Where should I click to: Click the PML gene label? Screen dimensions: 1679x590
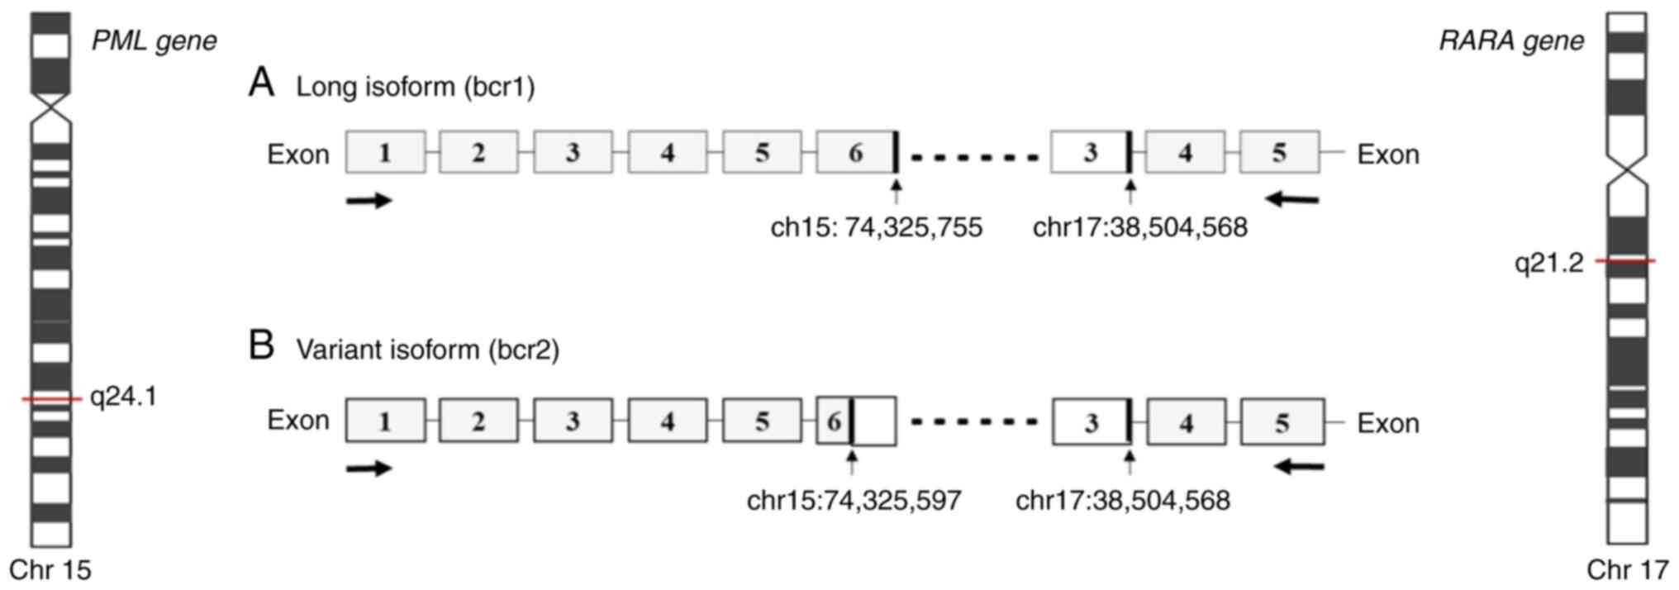pos(154,40)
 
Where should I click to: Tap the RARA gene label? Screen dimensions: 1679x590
pos(1511,40)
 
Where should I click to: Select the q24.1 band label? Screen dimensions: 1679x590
pos(123,397)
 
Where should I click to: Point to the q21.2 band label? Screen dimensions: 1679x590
pos(1548,263)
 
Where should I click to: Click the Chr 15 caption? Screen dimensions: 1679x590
pos(50,570)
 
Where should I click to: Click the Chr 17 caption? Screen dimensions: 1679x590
pos(1628,570)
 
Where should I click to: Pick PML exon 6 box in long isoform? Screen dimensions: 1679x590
pos(855,152)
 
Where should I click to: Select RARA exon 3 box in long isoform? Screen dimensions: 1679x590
pos(1090,152)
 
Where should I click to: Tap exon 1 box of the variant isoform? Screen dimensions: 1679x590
pos(385,421)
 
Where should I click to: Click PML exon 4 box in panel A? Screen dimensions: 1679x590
pos(667,152)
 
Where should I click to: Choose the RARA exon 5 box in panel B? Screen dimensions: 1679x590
pos(1282,422)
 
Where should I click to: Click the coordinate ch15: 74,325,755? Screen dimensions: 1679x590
pos(876,227)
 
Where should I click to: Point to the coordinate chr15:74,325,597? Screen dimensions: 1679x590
pos(854,500)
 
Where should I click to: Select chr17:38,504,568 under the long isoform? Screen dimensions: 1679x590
pos(1139,227)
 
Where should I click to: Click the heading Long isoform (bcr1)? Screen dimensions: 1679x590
pos(415,87)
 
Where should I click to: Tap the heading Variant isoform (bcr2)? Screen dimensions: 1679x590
pos(427,350)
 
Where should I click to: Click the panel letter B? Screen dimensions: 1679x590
pos(261,345)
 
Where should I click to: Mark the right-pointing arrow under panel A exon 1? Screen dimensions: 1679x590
pos(369,200)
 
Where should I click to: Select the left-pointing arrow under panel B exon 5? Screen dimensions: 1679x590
pos(1299,468)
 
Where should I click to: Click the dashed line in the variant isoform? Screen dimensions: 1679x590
pos(973,422)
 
